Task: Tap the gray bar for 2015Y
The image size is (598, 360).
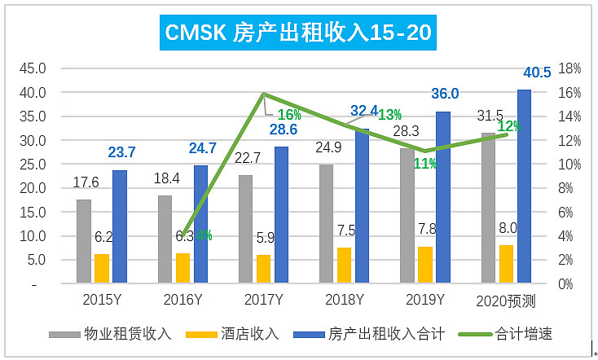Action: click(84, 241)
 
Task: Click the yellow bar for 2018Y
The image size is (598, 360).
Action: click(345, 266)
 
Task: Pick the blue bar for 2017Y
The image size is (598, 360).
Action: click(281, 215)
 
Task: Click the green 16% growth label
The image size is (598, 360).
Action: click(289, 115)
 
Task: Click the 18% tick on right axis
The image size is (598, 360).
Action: click(569, 68)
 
